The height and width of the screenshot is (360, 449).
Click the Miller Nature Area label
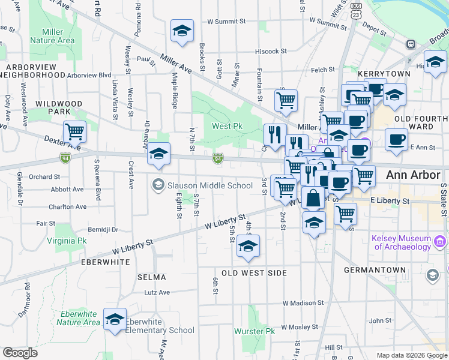coord(58,36)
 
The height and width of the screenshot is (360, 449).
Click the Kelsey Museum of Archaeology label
coord(402,242)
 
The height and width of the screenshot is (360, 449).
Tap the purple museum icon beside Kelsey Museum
coord(441,242)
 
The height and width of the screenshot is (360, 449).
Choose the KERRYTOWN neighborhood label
coord(384,74)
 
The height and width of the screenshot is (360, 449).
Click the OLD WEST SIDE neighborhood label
coord(255,273)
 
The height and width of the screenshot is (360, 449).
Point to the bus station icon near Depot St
coord(411,44)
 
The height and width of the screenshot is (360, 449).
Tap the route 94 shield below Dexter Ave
coord(64,158)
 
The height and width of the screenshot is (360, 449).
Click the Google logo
coord(20,352)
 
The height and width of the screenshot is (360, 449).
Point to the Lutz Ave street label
coord(157,292)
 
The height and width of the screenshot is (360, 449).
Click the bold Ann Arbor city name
coord(414,175)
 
